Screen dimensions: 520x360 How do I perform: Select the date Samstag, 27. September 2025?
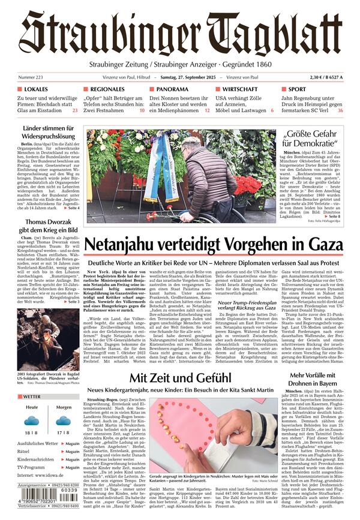(x=182, y=77)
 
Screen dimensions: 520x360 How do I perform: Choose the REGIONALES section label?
(x=108, y=89)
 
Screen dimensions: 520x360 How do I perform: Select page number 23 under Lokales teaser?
(x=75, y=110)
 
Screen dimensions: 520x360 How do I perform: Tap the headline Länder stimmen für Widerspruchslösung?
(x=49, y=133)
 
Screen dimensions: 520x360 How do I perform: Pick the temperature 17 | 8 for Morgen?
(x=64, y=431)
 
